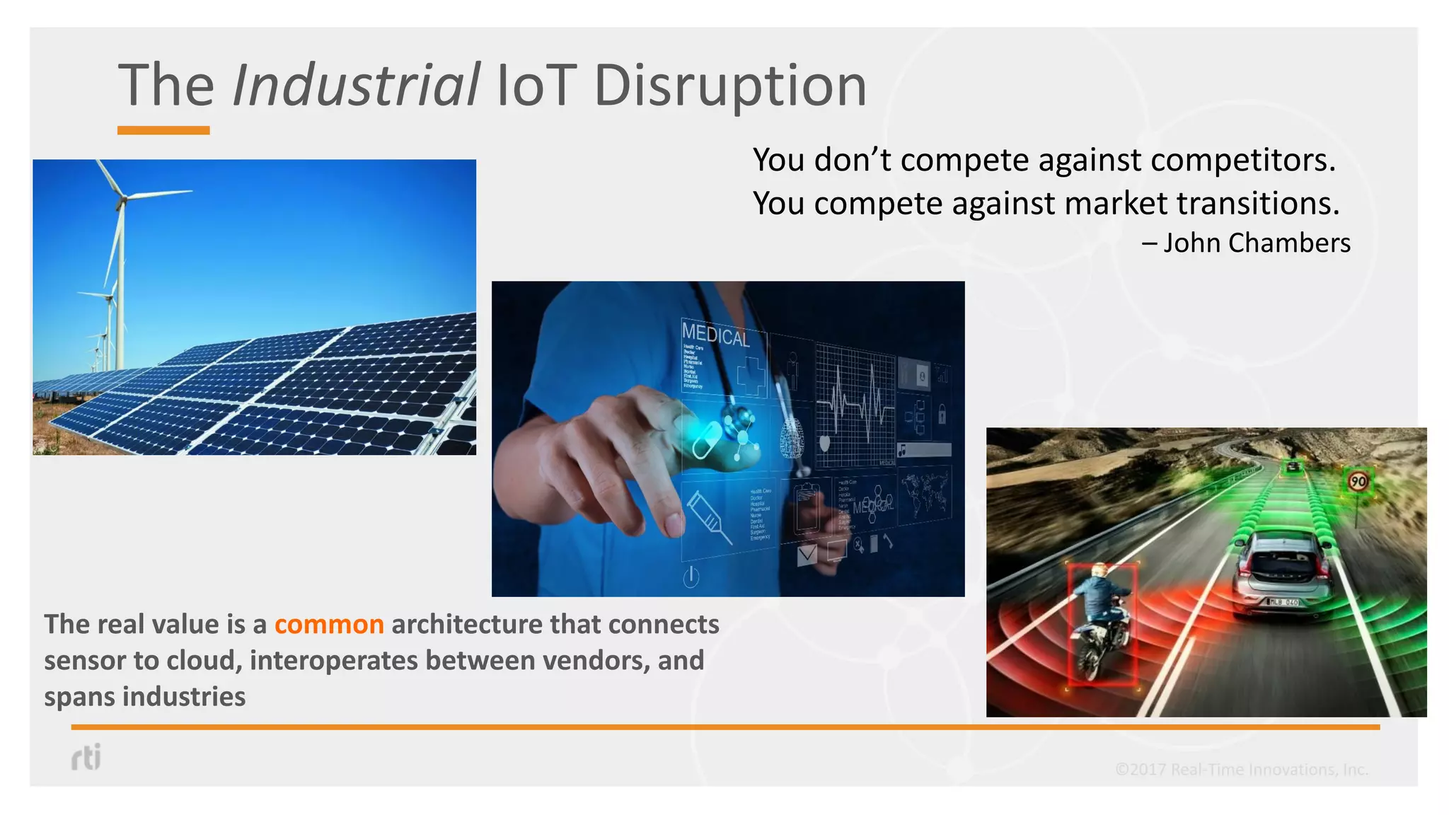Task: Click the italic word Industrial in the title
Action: pyautogui.click(x=356, y=86)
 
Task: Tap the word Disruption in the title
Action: pyautogui.click(x=729, y=86)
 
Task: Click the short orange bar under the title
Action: pyautogui.click(x=163, y=130)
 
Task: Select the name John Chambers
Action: pyautogui.click(x=1257, y=243)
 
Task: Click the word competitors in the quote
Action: pyautogui.click(x=1242, y=160)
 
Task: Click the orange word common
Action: pyautogui.click(x=329, y=624)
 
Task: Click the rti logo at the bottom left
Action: pyautogui.click(x=86, y=757)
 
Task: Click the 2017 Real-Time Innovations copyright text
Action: pyautogui.click(x=1241, y=769)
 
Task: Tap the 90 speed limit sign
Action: pyautogui.click(x=1358, y=482)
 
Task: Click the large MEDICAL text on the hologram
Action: pyautogui.click(x=715, y=334)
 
